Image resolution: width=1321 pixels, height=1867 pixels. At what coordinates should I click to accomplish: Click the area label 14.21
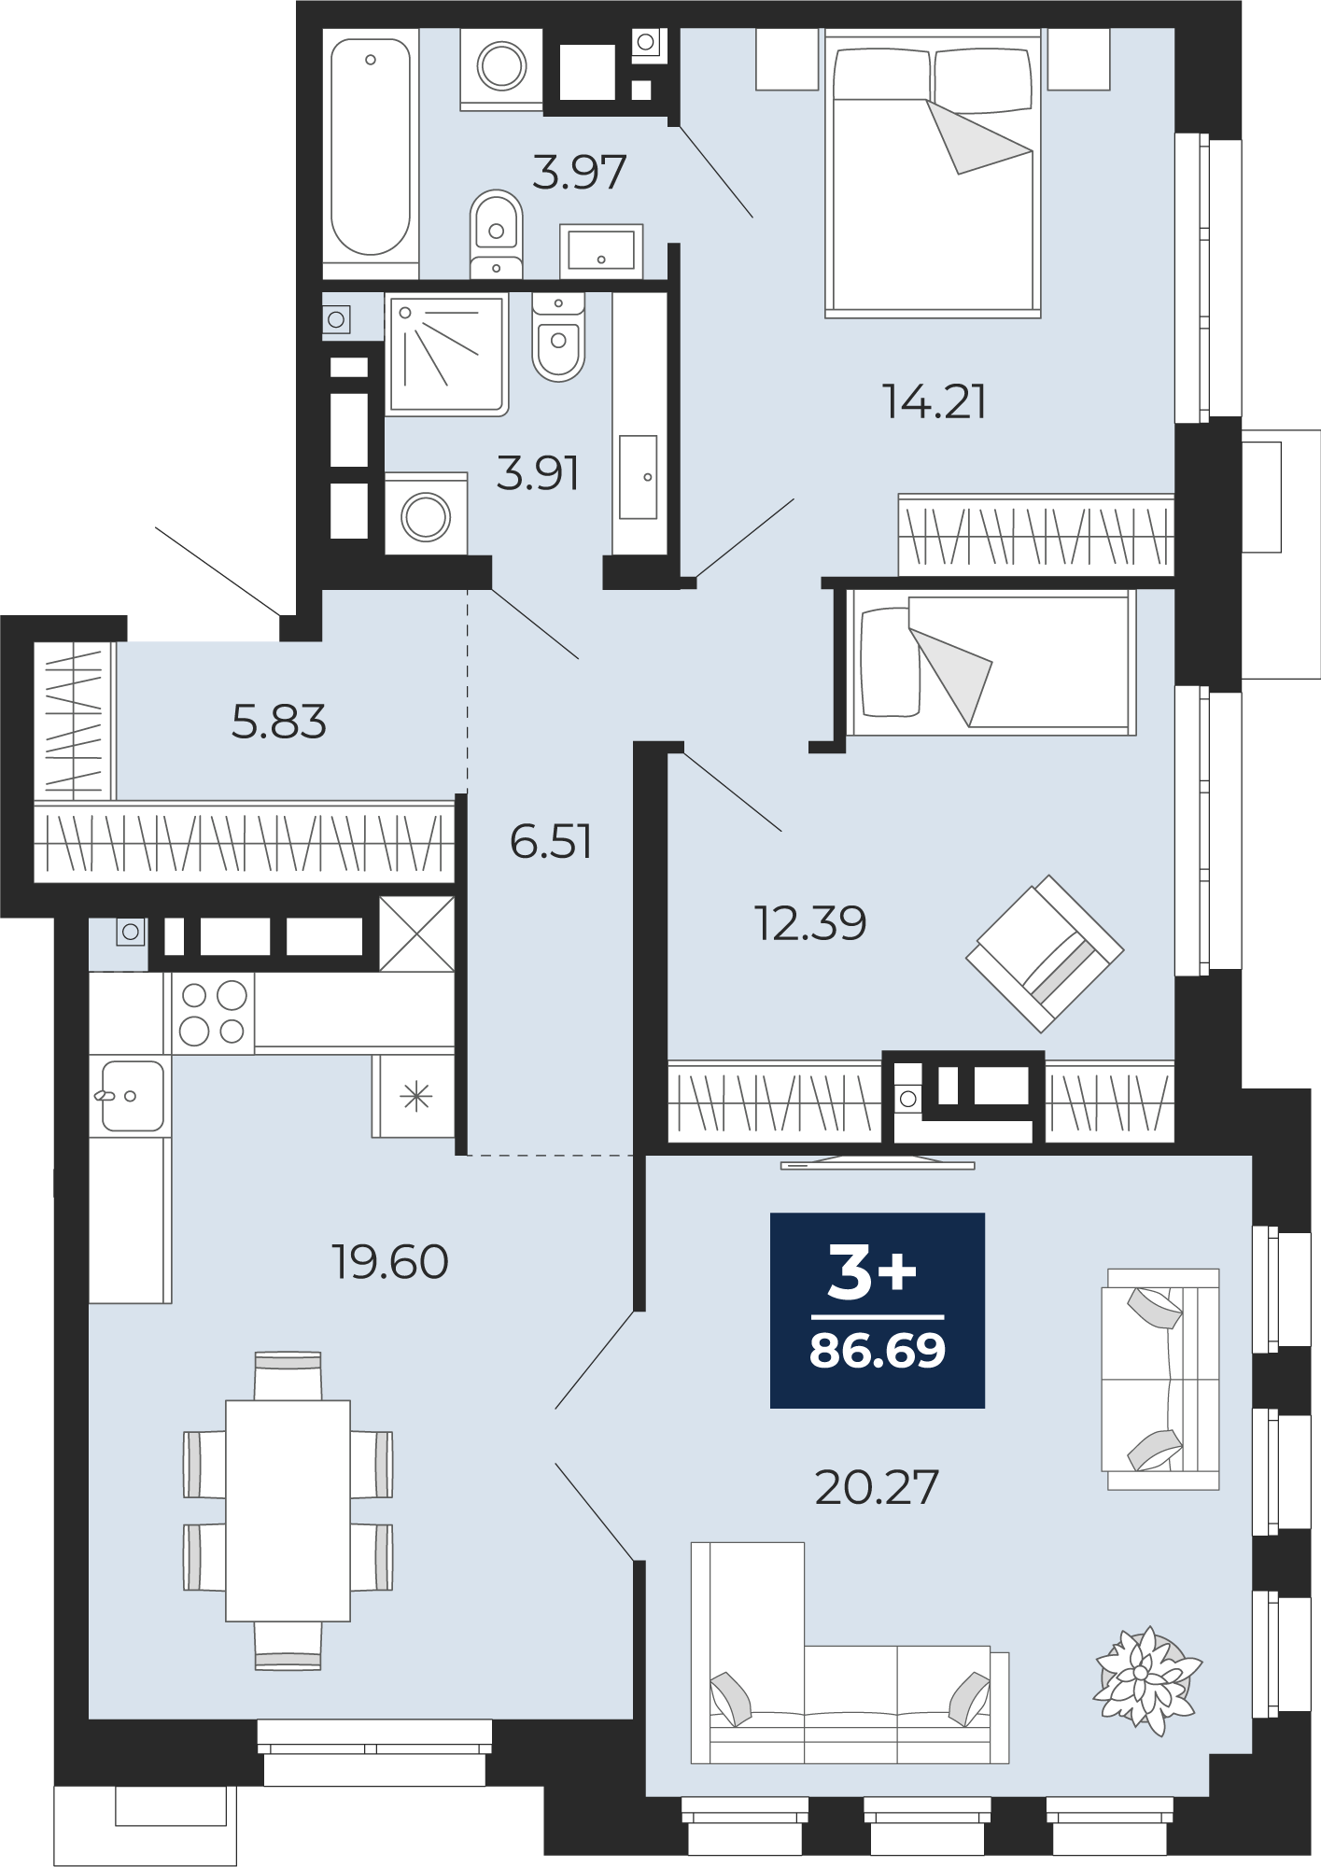tap(935, 401)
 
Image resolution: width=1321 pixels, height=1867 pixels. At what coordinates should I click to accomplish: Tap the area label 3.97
tap(579, 173)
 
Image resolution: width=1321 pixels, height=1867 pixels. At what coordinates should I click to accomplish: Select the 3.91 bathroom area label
tap(538, 473)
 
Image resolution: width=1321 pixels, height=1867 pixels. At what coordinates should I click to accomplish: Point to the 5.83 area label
tap(278, 722)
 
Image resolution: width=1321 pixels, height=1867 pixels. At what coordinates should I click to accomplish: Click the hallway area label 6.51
tap(551, 841)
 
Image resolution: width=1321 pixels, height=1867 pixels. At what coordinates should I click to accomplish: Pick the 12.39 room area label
tap(810, 923)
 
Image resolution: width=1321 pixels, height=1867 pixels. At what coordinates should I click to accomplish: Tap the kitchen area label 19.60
tap(390, 1262)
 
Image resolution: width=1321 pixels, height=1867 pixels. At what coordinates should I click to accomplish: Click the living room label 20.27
tap(877, 1488)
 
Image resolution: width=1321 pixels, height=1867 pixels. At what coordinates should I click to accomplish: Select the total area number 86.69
tap(878, 1351)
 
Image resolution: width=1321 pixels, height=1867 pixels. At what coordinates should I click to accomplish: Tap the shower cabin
tap(447, 355)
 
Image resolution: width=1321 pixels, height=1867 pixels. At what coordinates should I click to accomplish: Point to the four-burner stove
tap(213, 1013)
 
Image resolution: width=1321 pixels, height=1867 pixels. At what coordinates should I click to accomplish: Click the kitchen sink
tap(132, 1096)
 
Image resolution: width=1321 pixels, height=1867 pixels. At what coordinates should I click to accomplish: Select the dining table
tap(288, 1510)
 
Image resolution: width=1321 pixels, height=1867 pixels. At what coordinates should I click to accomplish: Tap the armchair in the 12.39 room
tap(1045, 953)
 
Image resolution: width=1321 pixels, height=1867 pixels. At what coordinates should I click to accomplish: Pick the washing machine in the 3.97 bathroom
tap(501, 67)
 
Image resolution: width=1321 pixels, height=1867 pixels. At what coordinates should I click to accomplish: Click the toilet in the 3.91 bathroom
tap(558, 337)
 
